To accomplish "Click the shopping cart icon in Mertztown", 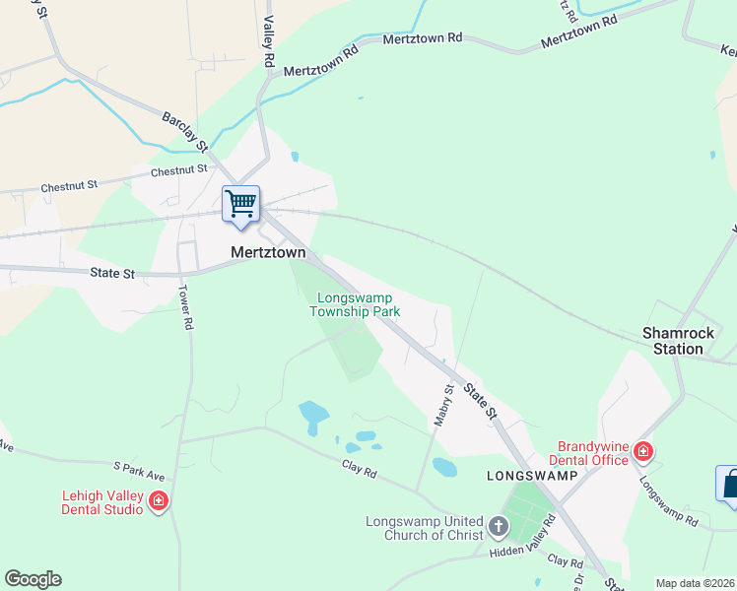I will (x=241, y=204).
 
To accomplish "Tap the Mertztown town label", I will (x=268, y=252).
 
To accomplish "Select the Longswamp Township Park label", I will (x=355, y=304).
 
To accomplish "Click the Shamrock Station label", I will (x=673, y=341).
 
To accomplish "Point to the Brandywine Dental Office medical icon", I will (x=643, y=452).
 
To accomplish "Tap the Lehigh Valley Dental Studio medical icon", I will (x=159, y=502).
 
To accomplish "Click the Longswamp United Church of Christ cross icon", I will (x=499, y=528).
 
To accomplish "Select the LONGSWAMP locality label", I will (x=524, y=475).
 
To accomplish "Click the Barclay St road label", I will (x=185, y=131).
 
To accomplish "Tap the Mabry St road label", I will (x=442, y=404).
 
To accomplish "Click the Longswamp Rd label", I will (x=668, y=499).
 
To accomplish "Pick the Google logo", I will (x=33, y=579).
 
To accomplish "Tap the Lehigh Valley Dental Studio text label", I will (x=102, y=502).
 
